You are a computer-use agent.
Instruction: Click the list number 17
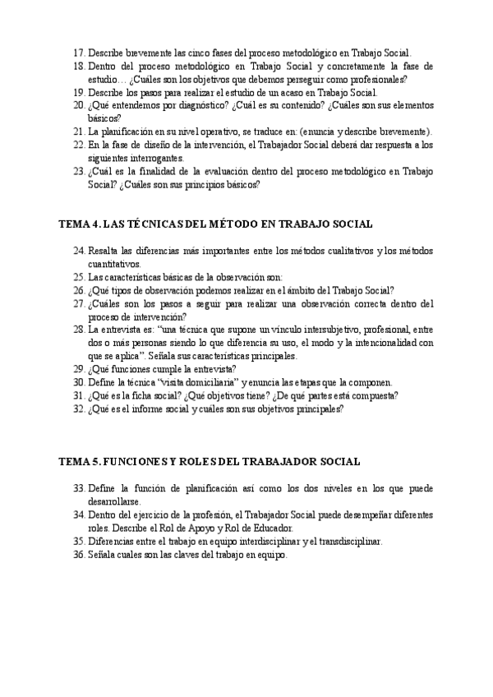click(x=78, y=51)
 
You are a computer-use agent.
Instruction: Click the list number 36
click(x=78, y=555)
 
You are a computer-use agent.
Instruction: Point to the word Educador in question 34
click(x=270, y=528)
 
